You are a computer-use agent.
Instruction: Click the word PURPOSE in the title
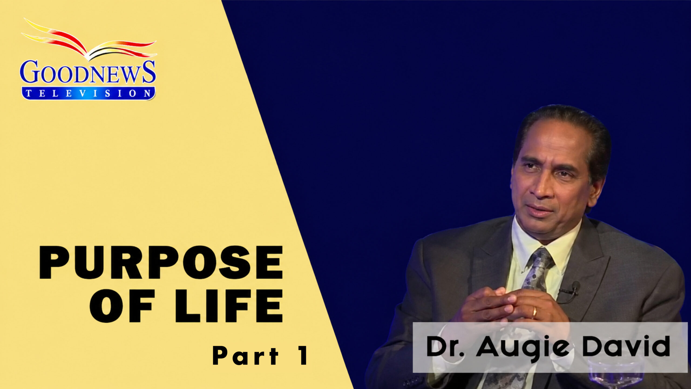(161, 262)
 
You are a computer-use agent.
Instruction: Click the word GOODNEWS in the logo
(88, 72)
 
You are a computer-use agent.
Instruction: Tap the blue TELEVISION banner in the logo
(88, 93)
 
